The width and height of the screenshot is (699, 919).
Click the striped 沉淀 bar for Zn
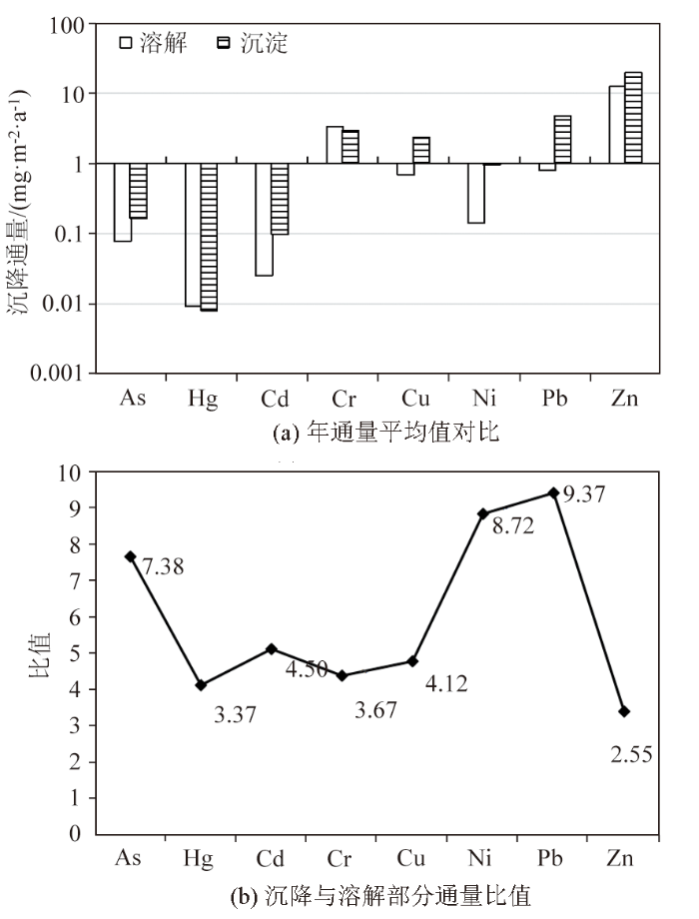[x=633, y=118]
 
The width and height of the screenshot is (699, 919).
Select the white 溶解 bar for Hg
[x=192, y=235]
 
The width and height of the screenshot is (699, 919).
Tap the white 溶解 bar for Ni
[x=475, y=193]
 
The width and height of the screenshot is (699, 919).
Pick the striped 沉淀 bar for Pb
[x=562, y=140]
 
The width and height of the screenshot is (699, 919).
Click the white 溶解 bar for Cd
[x=263, y=219]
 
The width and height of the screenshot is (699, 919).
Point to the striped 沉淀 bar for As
[x=138, y=191]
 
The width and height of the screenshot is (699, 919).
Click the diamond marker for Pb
[x=553, y=492]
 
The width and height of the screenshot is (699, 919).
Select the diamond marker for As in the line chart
[x=130, y=556]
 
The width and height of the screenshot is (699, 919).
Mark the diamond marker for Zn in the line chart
[x=624, y=711]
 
